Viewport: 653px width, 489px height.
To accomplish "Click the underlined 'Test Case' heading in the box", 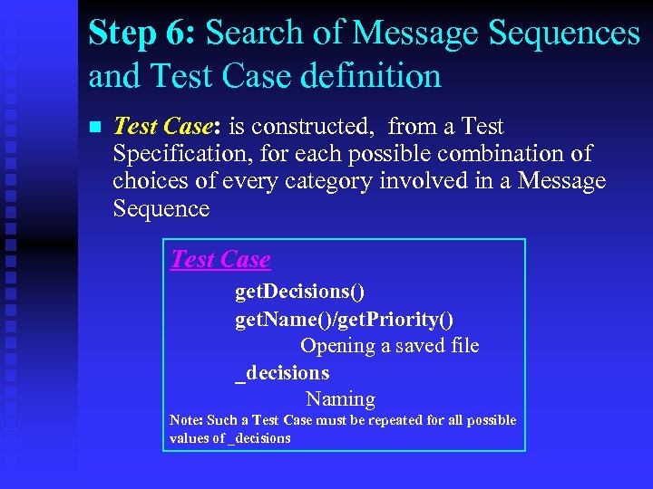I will coord(220,260).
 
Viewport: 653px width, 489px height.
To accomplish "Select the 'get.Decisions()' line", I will coord(299,292).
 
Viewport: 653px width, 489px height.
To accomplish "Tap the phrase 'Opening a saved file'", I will coord(389,345).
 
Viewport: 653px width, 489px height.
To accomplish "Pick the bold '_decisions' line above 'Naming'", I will coord(282,372).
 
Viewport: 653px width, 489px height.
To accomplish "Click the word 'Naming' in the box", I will coord(340,398).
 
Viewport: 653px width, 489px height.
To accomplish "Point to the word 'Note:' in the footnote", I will coord(186,420).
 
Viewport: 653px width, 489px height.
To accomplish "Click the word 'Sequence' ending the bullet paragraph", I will coord(161,208).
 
